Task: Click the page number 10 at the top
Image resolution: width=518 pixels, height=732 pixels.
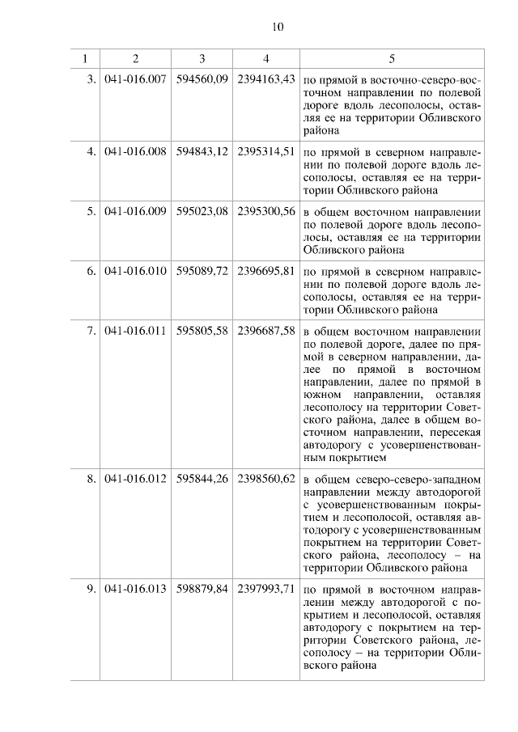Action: tap(277, 27)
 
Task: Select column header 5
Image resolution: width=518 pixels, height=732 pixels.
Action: tap(393, 59)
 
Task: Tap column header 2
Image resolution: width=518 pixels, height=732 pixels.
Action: tap(135, 59)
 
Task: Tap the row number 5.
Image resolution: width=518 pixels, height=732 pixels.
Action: tap(91, 211)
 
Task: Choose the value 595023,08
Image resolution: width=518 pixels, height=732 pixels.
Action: tap(202, 211)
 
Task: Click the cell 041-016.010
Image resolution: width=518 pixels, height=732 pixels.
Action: tap(135, 270)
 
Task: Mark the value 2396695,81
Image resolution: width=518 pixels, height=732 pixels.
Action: tap(265, 270)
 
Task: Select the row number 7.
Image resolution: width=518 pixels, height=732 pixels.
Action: tap(91, 330)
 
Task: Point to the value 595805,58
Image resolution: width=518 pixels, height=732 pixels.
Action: tap(202, 330)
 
